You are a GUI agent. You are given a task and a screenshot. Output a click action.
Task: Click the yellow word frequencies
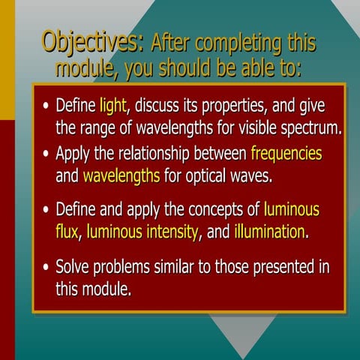286,154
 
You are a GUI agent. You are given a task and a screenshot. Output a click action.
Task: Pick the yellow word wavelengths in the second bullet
121,177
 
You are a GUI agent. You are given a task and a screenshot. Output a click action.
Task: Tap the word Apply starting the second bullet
76,154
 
